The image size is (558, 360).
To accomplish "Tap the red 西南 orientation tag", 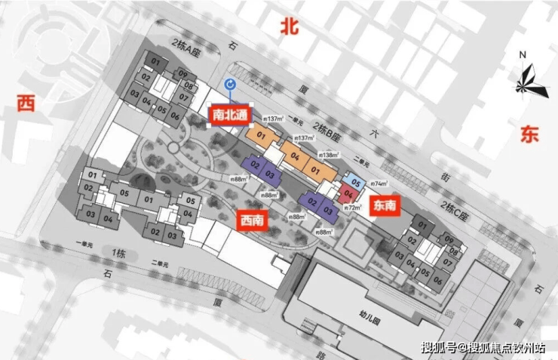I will pyautogui.click(x=251, y=220).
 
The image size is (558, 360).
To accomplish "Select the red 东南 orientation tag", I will pyautogui.click(x=384, y=205).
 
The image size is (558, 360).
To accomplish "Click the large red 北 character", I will pyautogui.click(x=290, y=27).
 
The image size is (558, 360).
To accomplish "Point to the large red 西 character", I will pyautogui.click(x=26, y=103).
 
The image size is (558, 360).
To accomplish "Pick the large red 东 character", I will pyautogui.click(x=530, y=135).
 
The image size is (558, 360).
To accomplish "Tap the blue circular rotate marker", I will pyautogui.click(x=230, y=85).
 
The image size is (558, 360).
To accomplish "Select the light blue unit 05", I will pyautogui.click(x=356, y=182).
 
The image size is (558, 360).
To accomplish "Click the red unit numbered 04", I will pyautogui.click(x=348, y=193).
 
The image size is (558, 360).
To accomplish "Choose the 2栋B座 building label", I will pyautogui.click(x=335, y=128).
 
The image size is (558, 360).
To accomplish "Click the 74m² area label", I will pyautogui.click(x=379, y=183).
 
